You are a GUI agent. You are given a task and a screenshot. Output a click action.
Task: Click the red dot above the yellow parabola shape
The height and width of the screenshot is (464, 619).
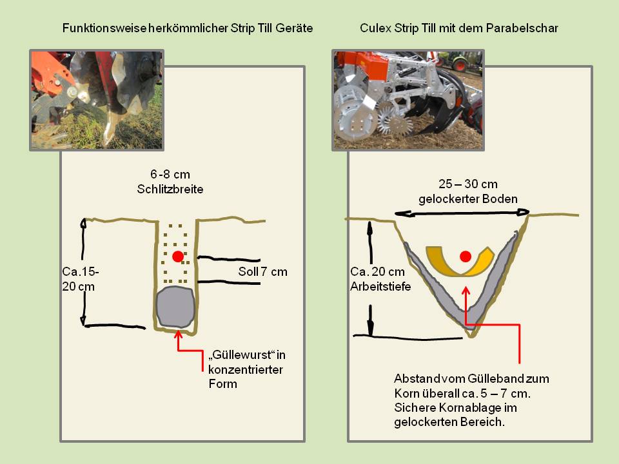(465, 257)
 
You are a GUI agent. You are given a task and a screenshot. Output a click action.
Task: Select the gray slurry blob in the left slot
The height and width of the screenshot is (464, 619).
(176, 307)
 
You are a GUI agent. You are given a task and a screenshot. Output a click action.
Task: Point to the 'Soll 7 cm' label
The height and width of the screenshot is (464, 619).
(262, 271)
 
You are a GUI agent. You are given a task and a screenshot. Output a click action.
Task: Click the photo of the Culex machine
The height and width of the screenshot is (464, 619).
(408, 101)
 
